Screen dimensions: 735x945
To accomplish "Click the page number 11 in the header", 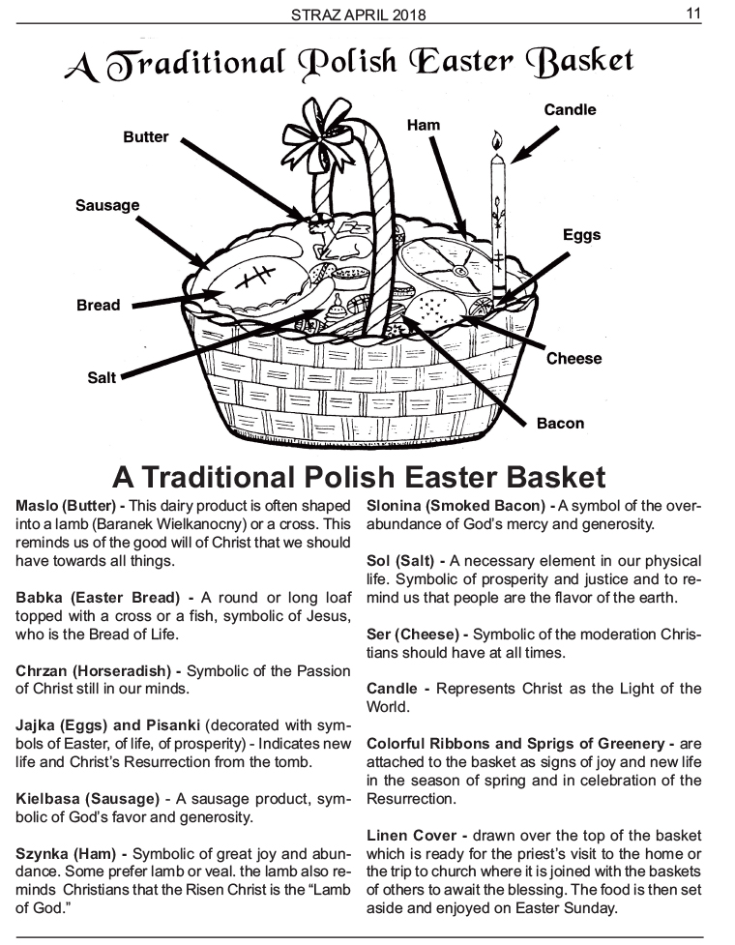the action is [693, 13].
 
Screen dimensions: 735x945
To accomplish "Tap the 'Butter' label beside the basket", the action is [146, 136].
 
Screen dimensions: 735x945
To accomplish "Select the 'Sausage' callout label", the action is [107, 205].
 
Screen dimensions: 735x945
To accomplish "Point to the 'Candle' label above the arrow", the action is [570, 109].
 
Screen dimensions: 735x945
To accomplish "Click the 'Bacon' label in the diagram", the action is [560, 423].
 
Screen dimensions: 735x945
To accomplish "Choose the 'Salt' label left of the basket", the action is [102, 378].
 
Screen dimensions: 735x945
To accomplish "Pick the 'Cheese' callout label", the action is [574, 359].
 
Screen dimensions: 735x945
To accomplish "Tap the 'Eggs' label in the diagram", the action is [582, 235].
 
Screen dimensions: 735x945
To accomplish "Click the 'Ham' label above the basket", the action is [424, 125].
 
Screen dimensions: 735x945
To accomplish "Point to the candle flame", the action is [496, 141].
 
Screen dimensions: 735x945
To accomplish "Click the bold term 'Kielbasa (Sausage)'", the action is [88, 799].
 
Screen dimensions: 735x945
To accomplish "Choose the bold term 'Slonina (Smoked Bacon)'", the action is [456, 506].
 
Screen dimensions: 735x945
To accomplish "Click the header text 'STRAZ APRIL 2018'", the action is [359, 15].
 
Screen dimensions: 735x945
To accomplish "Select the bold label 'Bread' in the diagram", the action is [99, 305].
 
